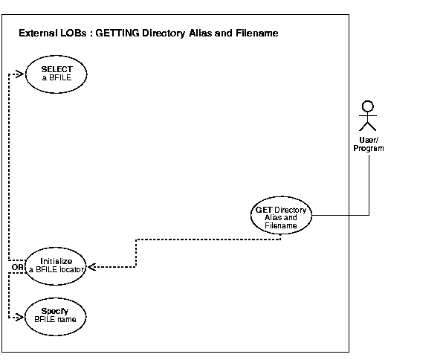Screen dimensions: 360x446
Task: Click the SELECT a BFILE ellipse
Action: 56,73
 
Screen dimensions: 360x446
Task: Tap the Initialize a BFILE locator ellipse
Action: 56,266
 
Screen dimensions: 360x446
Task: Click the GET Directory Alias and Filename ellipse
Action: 280,216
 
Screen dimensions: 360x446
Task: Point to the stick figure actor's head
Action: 365,106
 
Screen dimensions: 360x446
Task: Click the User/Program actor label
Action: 368,144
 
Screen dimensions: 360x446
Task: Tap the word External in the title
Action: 39,34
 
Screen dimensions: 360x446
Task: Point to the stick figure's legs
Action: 365,128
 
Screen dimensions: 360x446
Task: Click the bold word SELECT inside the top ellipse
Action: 56,68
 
